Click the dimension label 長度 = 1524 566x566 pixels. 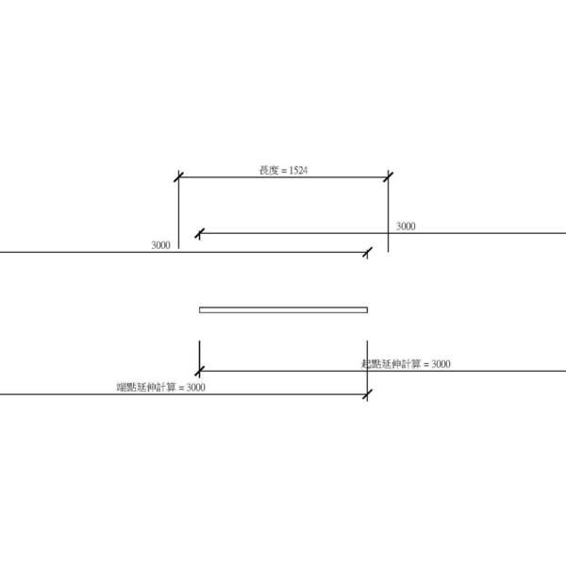(x=284, y=171)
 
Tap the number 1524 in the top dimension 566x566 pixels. (x=298, y=171)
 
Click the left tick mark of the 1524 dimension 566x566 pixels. (x=178, y=176)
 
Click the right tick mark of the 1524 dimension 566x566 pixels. (x=388, y=176)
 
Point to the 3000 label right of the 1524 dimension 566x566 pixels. (x=406, y=226)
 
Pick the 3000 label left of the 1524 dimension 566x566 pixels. (x=160, y=245)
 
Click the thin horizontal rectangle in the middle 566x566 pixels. (x=283, y=309)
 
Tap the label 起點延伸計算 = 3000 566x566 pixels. (x=406, y=364)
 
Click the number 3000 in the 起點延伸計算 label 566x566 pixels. (x=440, y=364)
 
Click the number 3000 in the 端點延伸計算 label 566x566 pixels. (x=195, y=387)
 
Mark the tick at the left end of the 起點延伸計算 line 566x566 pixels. (x=200, y=371)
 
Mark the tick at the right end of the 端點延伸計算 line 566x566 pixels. (x=367, y=393)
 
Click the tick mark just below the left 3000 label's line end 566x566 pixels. (x=367, y=252)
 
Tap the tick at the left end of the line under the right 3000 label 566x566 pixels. (x=199, y=232)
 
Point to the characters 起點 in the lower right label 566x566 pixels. (x=370, y=364)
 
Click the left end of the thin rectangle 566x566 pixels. (x=201, y=309)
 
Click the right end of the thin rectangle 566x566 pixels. (x=366, y=309)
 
